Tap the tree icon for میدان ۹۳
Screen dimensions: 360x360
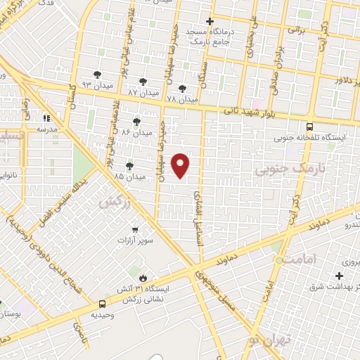pyautogui.click(x=97, y=74)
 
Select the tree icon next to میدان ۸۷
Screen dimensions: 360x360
pyautogui.click(x=143, y=82)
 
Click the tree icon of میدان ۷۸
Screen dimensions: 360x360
pyautogui.click(x=183, y=89)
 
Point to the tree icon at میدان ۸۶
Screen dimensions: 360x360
pyautogui.click(x=136, y=121)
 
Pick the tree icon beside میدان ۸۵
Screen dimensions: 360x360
pyautogui.click(x=129, y=166)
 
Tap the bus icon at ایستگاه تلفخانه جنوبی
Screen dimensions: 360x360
pyautogui.click(x=310, y=127)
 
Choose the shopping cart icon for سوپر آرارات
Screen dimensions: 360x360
pyautogui.click(x=135, y=229)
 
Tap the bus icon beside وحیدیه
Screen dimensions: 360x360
pyautogui.click(x=103, y=304)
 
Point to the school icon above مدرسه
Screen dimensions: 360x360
pyautogui.click(x=48, y=118)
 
